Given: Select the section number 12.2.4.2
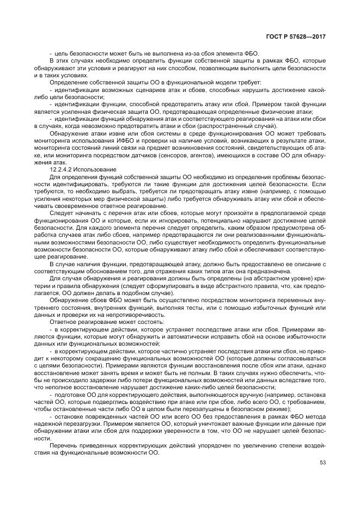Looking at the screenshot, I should pos(62,170).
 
